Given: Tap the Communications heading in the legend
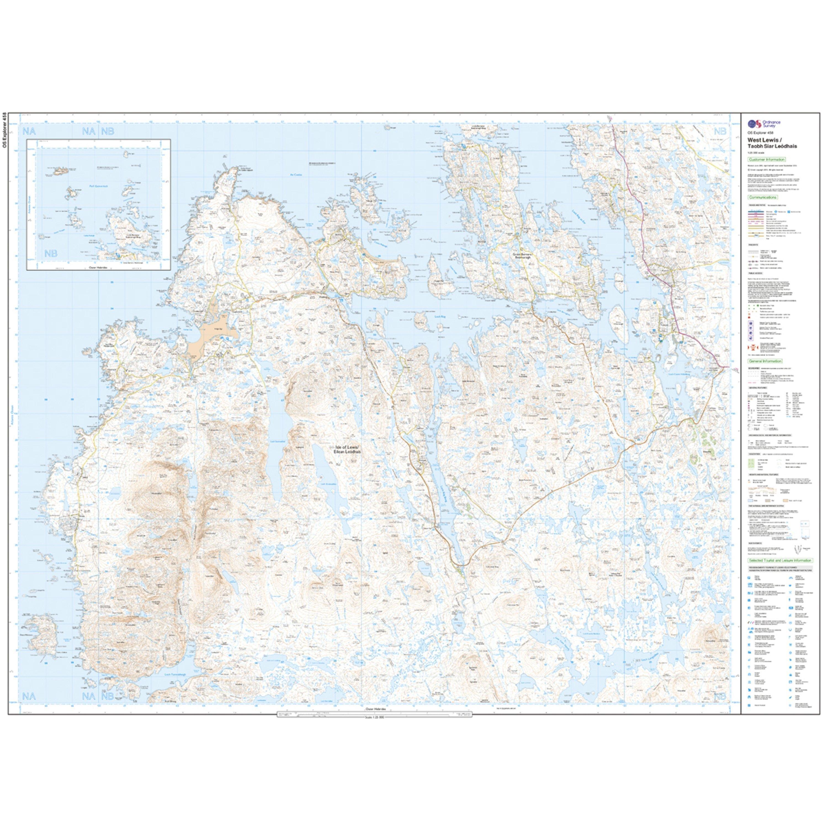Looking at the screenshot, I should [762, 198].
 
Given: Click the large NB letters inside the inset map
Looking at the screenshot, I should [51, 254].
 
